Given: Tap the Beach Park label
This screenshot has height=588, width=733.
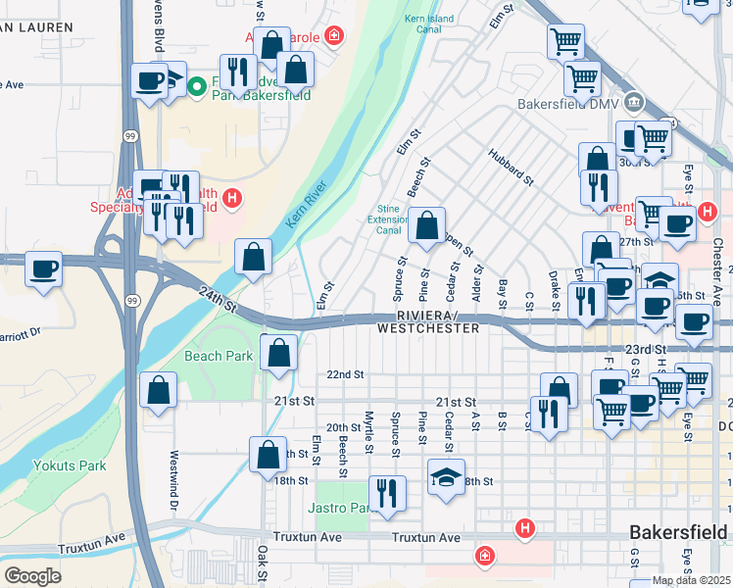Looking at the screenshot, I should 219,356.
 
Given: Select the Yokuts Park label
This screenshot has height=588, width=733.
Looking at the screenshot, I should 70,465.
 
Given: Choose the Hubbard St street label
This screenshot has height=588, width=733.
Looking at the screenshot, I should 510,168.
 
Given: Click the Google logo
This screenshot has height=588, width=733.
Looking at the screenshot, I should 32,576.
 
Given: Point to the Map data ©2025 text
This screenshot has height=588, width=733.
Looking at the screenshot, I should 691,580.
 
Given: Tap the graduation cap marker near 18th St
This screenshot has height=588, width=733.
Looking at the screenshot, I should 446,477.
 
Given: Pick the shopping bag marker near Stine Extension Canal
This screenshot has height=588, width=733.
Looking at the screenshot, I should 426,226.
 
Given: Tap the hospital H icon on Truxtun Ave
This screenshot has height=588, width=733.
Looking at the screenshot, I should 525,529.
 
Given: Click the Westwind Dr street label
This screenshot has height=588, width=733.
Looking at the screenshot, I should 174,471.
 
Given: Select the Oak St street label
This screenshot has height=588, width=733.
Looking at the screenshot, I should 263,567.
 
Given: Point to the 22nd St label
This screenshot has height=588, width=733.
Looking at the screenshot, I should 345,374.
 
